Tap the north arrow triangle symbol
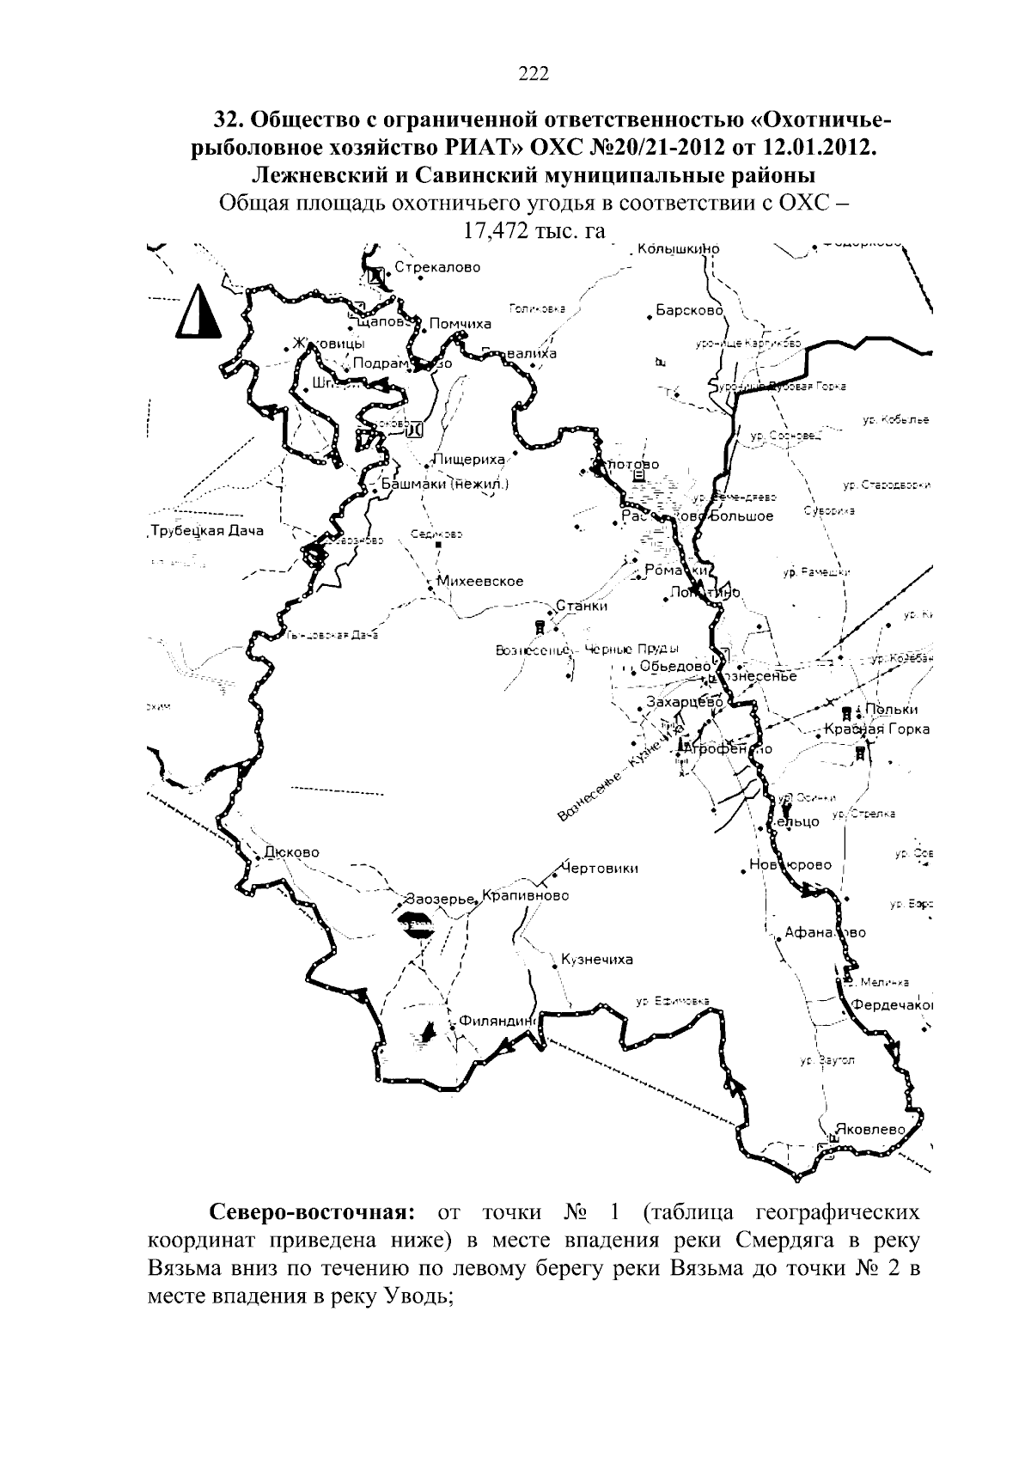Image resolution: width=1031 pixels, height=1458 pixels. click(x=198, y=311)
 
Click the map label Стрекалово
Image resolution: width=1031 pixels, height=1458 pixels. click(x=437, y=267)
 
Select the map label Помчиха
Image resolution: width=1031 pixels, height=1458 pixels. click(x=460, y=324)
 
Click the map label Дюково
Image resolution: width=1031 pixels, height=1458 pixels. click(x=291, y=852)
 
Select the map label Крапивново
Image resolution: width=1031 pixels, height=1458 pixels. click(x=525, y=895)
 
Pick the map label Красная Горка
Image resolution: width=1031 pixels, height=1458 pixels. click(x=876, y=729)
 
